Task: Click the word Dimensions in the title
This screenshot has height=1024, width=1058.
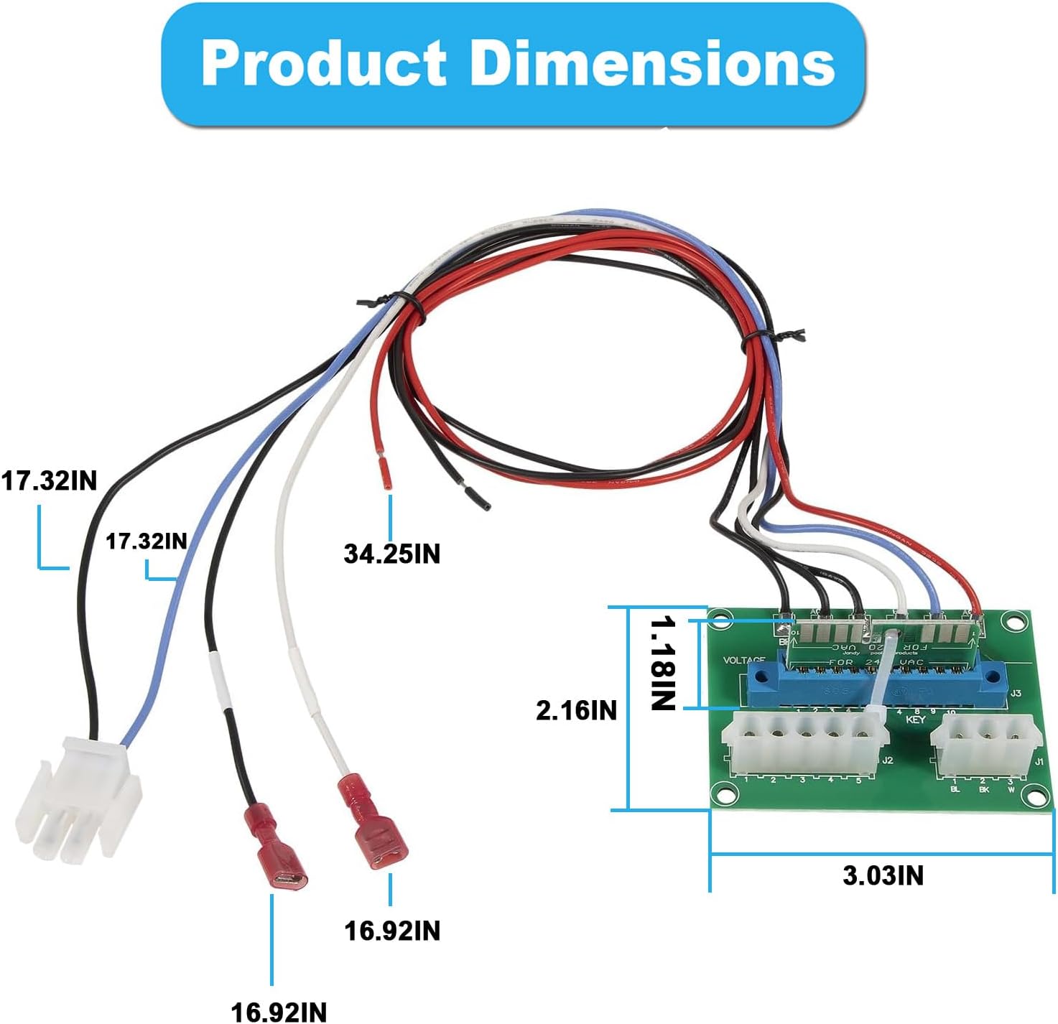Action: tap(652, 63)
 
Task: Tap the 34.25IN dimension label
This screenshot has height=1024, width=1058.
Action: tap(391, 554)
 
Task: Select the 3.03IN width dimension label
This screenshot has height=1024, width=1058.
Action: tap(883, 875)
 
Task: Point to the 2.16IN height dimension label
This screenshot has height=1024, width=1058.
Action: tap(576, 710)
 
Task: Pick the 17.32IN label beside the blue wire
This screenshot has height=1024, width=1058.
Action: tap(147, 541)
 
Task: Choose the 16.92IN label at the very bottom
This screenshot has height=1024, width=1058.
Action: tap(279, 1012)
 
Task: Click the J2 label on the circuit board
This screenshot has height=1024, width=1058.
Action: tap(888, 760)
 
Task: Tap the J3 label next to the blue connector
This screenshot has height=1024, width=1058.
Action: tap(1015, 694)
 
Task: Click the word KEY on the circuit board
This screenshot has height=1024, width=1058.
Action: tap(916, 720)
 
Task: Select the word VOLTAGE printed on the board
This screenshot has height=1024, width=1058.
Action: tap(744, 660)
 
